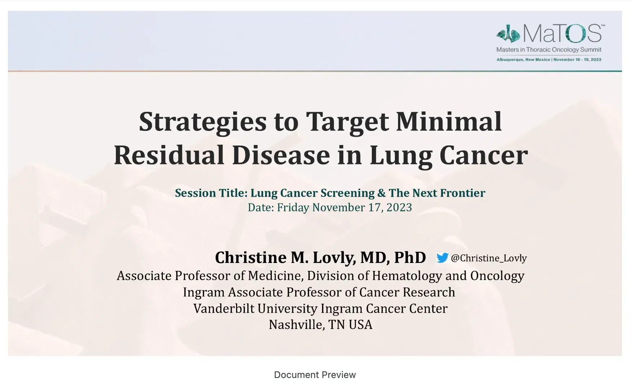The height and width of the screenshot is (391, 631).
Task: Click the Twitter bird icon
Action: pyautogui.click(x=442, y=258)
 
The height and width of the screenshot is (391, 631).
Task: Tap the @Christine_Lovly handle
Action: pyautogui.click(x=489, y=258)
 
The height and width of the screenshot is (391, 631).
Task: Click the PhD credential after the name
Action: pyautogui.click(x=410, y=258)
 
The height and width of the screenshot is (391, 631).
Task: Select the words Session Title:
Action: pyautogui.click(x=211, y=193)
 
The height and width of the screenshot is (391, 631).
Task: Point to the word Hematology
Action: pyautogui.click(x=407, y=276)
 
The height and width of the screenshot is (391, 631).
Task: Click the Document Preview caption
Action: pyautogui.click(x=315, y=375)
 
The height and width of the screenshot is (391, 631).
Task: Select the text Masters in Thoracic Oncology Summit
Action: pyautogui.click(x=549, y=50)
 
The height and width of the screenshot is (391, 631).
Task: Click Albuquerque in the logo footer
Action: pyautogui.click(x=510, y=60)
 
